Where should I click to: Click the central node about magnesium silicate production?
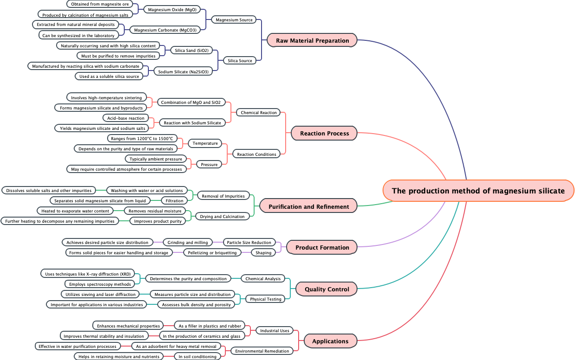click(478, 191)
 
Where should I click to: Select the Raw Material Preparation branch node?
click(312, 40)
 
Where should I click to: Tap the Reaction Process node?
click(324, 133)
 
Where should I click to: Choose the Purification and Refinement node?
click(308, 206)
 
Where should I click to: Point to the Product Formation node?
click(322, 247)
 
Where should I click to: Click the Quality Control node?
click(326, 289)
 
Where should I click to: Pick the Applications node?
click(330, 341)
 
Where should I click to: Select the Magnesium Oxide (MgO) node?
click(172, 9)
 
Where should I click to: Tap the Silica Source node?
click(240, 60)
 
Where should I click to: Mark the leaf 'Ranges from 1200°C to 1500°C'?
click(142, 138)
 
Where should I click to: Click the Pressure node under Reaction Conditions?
click(209, 164)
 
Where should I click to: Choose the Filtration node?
click(174, 200)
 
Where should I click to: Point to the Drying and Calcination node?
click(223, 216)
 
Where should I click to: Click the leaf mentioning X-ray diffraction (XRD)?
click(87, 274)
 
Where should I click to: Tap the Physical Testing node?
click(265, 299)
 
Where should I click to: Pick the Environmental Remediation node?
click(262, 351)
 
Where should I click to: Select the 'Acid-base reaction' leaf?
click(126, 118)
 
